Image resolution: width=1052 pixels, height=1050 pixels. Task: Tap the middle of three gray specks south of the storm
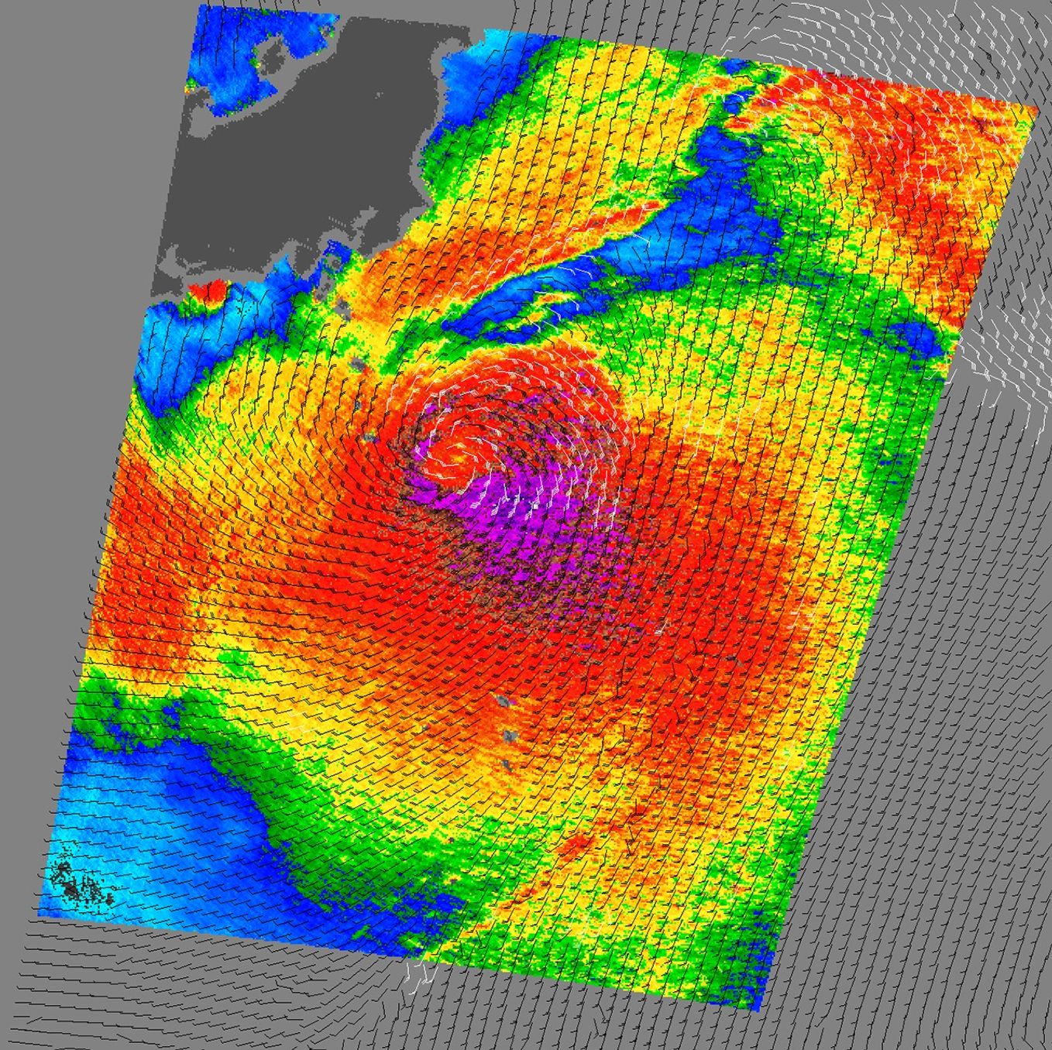click(x=509, y=735)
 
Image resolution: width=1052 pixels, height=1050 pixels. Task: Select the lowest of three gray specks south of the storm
click(x=506, y=764)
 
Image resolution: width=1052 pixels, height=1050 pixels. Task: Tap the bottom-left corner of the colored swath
click(x=40, y=914)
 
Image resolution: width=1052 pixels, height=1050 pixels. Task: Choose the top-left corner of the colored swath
click(x=200, y=6)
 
